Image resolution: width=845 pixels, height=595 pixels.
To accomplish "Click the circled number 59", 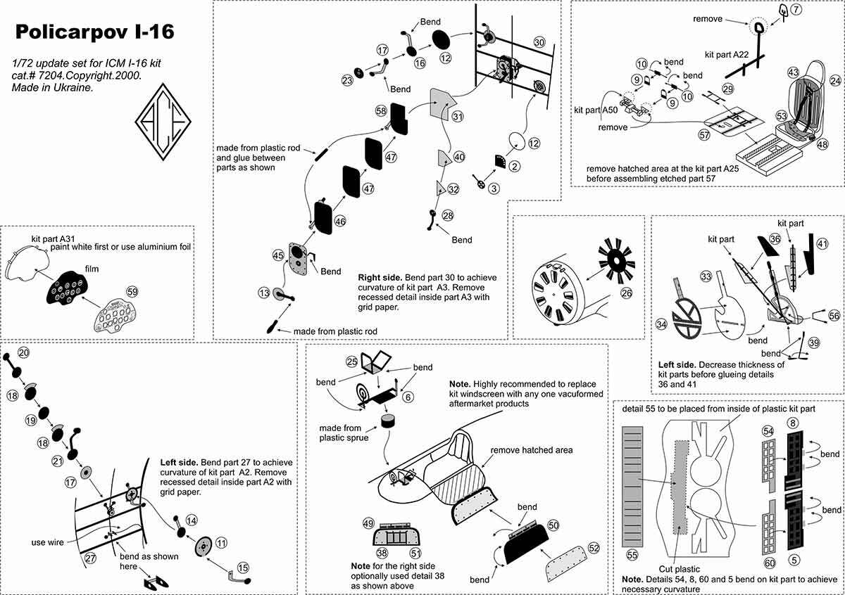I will (132, 291).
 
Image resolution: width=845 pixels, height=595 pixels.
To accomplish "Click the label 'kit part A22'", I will (727, 53).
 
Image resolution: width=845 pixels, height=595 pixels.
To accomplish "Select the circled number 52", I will (594, 548).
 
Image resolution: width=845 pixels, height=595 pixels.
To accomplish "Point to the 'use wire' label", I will (49, 542).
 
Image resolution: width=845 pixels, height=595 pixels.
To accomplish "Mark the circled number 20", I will (23, 352).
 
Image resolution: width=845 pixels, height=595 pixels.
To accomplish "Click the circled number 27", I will (89, 558).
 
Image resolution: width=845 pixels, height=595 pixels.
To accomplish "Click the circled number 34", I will (661, 324).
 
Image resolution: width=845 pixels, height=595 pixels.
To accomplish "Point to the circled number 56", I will (834, 316).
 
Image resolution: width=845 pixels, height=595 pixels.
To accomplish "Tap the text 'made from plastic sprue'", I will (340, 433).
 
